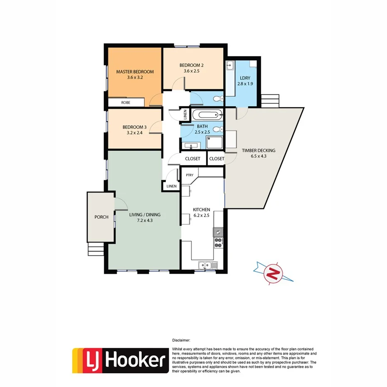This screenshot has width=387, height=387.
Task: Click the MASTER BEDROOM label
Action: [x=135, y=72]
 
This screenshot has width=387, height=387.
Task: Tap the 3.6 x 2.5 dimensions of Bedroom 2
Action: [x=191, y=71]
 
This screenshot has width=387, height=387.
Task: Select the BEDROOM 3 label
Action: [x=134, y=127]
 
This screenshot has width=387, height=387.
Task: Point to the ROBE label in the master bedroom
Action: [x=125, y=102]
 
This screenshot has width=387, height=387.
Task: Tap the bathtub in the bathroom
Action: [x=206, y=115]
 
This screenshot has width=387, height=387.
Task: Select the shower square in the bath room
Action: [x=215, y=142]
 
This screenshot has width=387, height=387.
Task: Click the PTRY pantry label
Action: [x=190, y=175]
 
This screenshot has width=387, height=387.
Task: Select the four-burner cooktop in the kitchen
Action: [x=218, y=242]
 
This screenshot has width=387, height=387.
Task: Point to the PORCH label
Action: [x=101, y=217]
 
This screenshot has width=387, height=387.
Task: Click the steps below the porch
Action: [x=95, y=249]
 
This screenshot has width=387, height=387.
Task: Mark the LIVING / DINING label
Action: [x=145, y=215]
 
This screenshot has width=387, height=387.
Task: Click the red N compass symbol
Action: [x=273, y=273]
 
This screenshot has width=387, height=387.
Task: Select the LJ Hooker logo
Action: [x=120, y=360]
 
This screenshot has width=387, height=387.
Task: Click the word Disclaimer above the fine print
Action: [x=184, y=340]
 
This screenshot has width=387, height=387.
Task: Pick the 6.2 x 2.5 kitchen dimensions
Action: [x=201, y=216]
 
